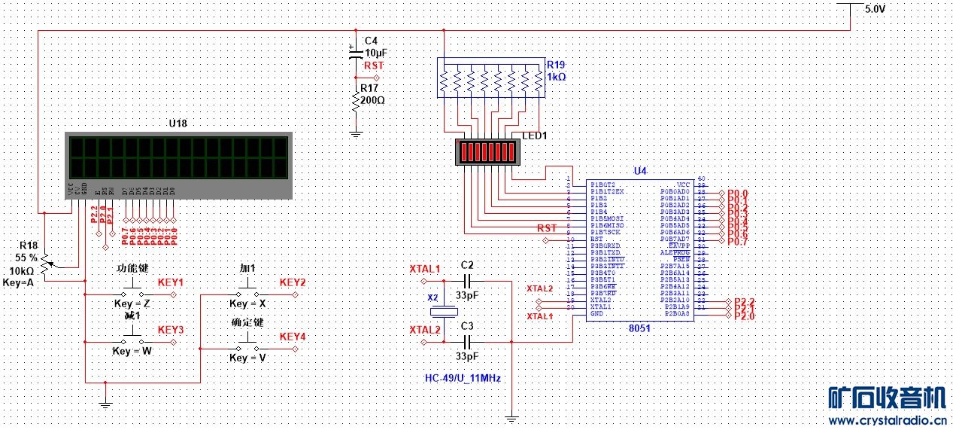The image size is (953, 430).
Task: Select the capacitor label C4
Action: point(372,41)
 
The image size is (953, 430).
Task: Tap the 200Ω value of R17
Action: point(374,99)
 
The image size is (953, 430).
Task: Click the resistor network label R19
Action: point(556,65)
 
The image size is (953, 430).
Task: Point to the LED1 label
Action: point(536,136)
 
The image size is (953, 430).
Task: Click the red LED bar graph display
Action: point(489,151)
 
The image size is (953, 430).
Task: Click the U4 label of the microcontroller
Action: point(640,172)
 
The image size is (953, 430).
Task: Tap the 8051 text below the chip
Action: point(639,328)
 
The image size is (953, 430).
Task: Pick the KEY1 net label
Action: point(171,282)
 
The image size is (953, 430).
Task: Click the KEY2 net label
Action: point(293,282)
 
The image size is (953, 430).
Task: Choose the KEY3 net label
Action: point(171,330)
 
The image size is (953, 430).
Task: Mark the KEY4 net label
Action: point(293,336)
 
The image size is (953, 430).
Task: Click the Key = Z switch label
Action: point(133,303)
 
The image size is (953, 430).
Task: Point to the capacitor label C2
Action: point(467,265)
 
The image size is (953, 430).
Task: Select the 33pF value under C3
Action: point(467,355)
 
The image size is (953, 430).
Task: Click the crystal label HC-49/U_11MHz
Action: point(463,378)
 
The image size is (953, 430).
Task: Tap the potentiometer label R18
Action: point(29,246)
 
